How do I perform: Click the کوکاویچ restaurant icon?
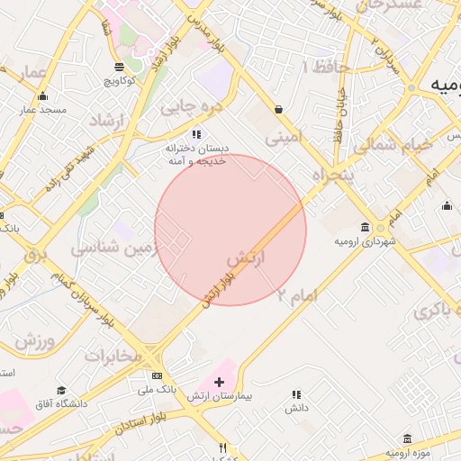click(x=119, y=68)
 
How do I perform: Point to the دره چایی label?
click(x=190, y=107)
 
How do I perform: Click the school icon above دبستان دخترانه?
click(x=197, y=134)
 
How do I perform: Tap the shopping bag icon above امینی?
click(x=278, y=110)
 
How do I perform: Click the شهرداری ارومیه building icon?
click(x=365, y=227)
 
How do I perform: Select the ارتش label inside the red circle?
click(x=249, y=259)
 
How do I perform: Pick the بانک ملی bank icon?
click(x=158, y=375)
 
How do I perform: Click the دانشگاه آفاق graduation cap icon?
click(x=61, y=390)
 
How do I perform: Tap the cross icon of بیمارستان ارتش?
click(x=218, y=383)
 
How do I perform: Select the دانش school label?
click(x=297, y=408)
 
